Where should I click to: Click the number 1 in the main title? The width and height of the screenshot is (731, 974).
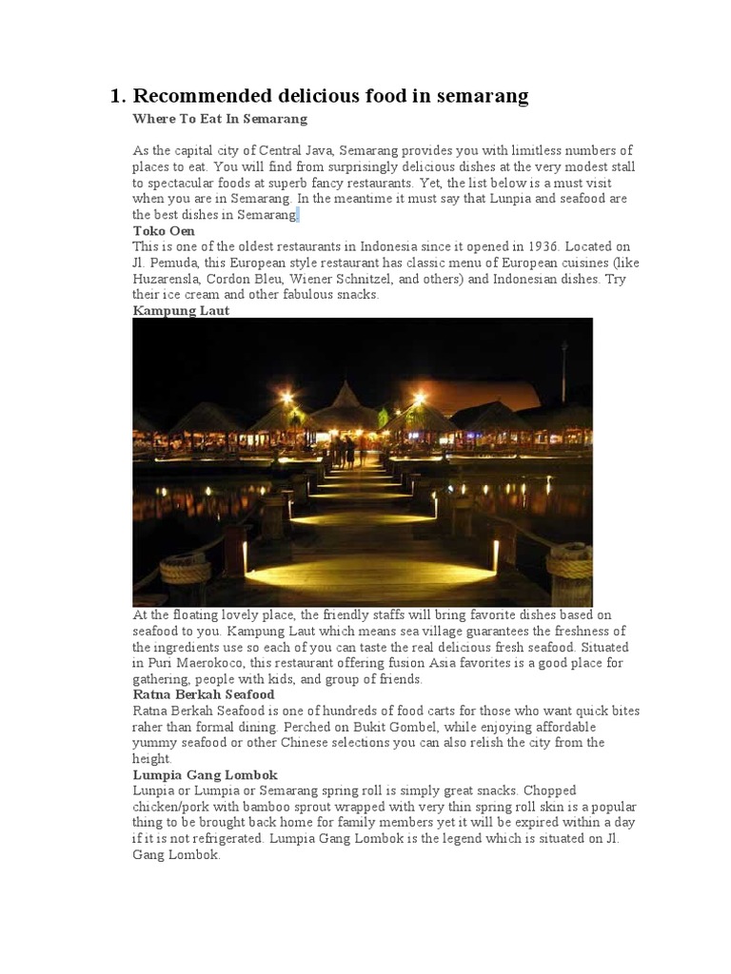(116, 96)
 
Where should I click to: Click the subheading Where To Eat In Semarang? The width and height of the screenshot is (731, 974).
(220, 119)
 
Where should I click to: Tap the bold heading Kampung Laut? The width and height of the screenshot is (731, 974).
(181, 310)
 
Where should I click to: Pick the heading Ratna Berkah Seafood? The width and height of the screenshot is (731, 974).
(204, 695)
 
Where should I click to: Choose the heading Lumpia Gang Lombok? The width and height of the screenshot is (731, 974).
(205, 775)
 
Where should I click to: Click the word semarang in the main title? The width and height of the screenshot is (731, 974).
(482, 96)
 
